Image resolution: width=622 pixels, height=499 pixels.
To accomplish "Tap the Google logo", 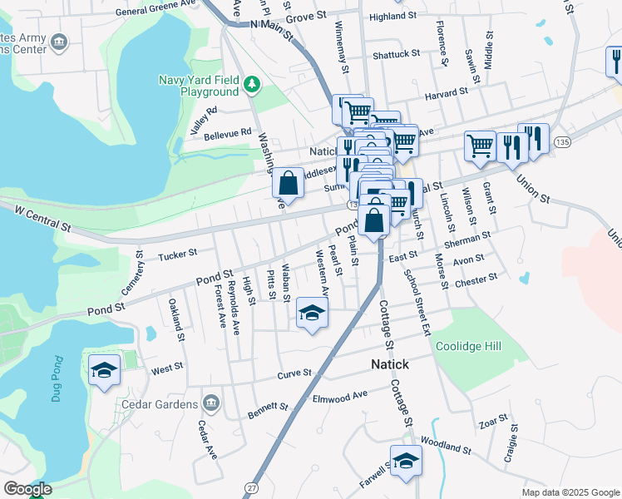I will (x=27, y=489).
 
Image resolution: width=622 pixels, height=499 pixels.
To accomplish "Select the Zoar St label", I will (x=491, y=422).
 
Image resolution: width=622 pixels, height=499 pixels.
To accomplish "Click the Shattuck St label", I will (x=396, y=54).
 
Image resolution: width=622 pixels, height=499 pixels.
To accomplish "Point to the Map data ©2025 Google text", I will (x=570, y=492).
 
